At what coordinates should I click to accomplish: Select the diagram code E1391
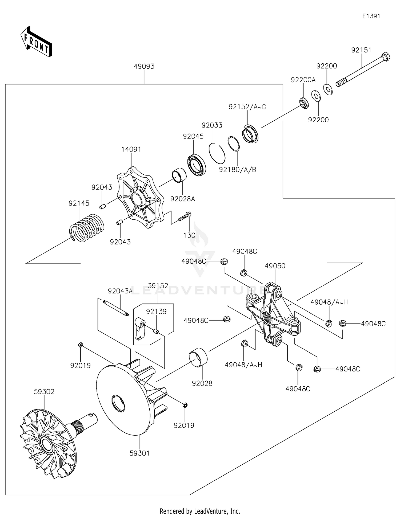[x=371, y=16]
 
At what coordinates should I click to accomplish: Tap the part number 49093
[x=144, y=66]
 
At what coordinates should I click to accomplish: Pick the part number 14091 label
[x=131, y=149]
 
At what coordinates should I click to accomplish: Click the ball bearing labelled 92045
[x=197, y=165]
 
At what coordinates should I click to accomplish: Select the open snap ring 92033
[x=217, y=153]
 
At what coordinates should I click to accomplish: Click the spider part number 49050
[x=275, y=266]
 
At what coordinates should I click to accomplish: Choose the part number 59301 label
[x=139, y=453]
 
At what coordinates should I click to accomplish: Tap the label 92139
[x=156, y=311]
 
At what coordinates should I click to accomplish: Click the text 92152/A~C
[x=247, y=107]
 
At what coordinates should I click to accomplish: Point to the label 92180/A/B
[x=237, y=170]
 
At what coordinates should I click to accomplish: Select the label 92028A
[x=183, y=199]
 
